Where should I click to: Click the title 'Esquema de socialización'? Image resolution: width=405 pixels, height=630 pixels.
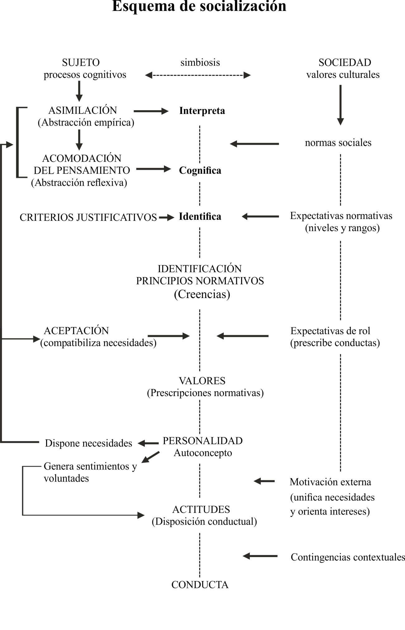click(199, 6)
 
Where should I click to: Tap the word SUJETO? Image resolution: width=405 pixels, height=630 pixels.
click(81, 63)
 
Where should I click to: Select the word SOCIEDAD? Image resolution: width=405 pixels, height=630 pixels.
click(345, 63)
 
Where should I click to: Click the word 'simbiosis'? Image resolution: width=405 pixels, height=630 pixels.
click(200, 62)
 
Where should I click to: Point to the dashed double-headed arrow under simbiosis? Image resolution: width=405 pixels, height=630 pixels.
click(198, 75)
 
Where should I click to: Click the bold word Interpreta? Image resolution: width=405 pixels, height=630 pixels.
click(202, 111)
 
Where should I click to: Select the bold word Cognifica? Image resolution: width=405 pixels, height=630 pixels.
click(200, 170)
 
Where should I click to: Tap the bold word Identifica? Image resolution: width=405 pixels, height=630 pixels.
click(200, 216)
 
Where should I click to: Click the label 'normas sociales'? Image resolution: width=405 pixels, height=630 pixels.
click(338, 143)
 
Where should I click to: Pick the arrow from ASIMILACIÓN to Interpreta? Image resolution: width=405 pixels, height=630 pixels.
click(151, 111)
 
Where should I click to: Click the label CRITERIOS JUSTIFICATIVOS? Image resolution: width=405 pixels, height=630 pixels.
click(88, 217)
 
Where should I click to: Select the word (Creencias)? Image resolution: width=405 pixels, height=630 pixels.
click(202, 294)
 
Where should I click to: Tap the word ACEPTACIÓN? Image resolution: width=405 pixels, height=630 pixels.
click(76, 330)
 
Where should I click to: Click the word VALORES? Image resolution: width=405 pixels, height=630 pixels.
click(202, 381)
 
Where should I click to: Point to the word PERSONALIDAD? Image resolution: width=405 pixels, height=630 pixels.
click(203, 441)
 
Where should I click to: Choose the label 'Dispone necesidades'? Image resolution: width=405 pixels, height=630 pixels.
click(88, 443)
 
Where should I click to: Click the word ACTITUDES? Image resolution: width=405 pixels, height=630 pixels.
click(201, 509)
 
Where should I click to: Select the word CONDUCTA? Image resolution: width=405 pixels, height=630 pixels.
click(200, 585)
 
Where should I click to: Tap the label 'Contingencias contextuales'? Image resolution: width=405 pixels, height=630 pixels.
click(348, 557)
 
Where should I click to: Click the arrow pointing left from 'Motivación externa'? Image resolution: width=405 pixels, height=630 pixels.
click(264, 481)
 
